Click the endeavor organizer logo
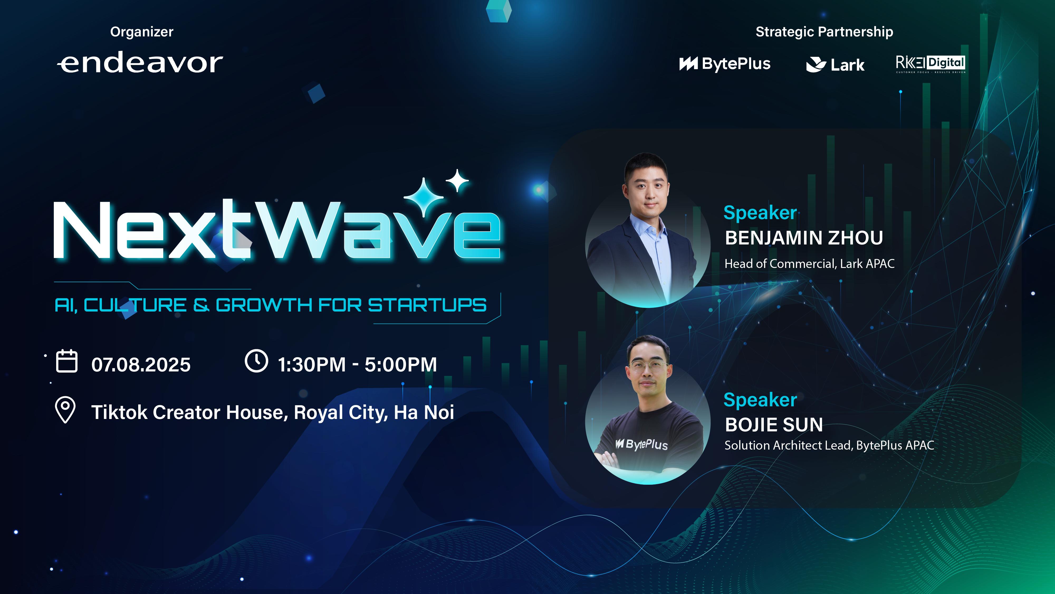coord(140,63)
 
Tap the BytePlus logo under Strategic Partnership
coord(725,64)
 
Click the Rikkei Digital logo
coord(931,64)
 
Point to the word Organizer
coord(142,32)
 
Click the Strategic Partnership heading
coord(824,32)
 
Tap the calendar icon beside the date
coord(66,361)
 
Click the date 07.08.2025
coord(141,364)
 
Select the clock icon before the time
coord(256,361)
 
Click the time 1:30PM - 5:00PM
coord(357,364)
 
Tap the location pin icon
coord(65,409)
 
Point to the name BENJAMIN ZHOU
coord(804,238)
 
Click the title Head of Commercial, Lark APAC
coord(809,263)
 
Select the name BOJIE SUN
coord(774,425)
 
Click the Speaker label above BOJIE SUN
coord(760,400)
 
